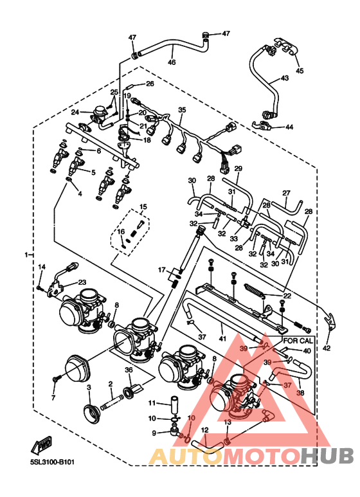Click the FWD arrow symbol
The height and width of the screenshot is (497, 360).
click(41, 445)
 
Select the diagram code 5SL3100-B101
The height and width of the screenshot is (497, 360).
click(52, 462)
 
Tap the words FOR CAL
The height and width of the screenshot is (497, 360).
click(298, 341)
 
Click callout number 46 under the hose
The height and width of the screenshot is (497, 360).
click(172, 62)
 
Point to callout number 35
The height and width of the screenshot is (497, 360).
click(182, 110)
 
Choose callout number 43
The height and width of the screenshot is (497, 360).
click(285, 78)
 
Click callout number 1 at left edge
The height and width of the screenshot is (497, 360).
click(27, 254)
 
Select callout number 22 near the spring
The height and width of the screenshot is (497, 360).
click(287, 295)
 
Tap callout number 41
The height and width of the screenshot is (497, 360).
click(222, 339)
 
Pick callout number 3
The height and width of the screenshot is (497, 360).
click(89, 387)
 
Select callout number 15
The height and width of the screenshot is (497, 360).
click(143, 207)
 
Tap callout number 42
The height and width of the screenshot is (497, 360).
click(326, 348)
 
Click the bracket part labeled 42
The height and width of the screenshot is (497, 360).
click(330, 321)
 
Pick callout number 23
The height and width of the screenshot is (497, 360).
click(82, 282)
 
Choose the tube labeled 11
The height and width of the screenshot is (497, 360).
click(175, 404)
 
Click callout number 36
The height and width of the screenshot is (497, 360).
click(129, 370)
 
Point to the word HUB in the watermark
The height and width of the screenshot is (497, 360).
click(327, 456)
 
